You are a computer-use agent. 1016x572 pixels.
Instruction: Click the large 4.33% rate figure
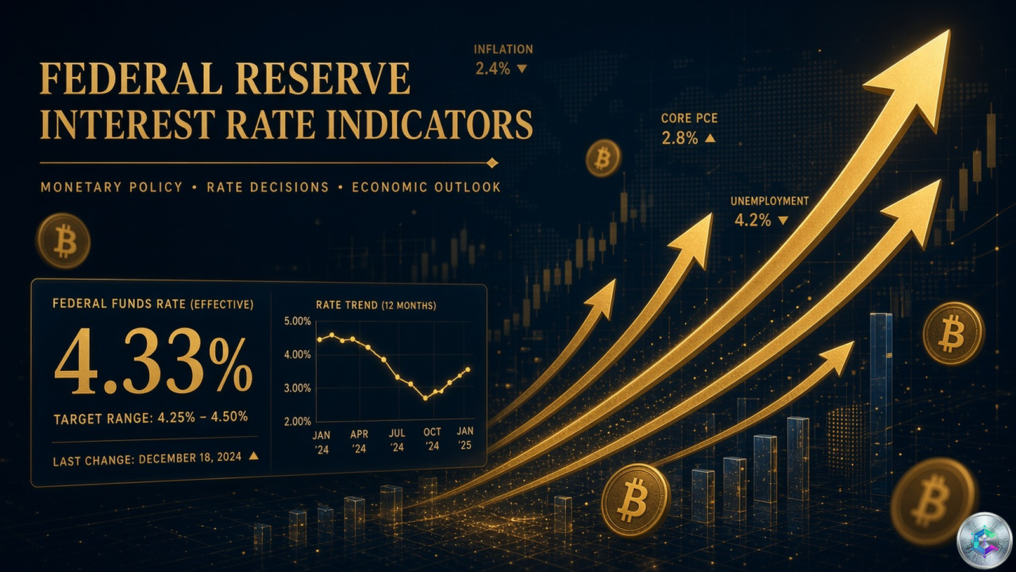(153, 361)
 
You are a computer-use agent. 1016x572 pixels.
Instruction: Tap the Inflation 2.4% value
(493, 69)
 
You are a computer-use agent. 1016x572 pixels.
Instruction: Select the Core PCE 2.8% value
(679, 138)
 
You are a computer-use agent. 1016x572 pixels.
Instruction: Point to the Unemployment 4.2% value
(752, 221)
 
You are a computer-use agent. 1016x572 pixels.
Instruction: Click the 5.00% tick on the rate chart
(298, 322)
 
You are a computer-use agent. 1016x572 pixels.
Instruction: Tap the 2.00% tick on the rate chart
(298, 422)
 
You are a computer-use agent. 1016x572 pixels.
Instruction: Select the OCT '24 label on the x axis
(432, 439)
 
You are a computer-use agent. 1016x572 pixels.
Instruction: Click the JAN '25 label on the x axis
(465, 438)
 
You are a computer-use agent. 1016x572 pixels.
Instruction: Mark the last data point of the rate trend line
(468, 369)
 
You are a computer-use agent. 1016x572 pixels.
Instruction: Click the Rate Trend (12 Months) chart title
(376, 305)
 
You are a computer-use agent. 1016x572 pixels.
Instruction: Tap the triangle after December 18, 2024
(253, 456)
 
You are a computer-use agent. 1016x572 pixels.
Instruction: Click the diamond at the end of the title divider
(492, 163)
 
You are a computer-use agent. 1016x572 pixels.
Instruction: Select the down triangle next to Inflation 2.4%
(522, 69)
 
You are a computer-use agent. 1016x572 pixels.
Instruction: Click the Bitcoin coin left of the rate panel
(63, 241)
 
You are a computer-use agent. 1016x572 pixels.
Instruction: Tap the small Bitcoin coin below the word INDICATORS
(603, 158)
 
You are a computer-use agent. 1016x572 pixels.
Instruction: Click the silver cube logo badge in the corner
(984, 541)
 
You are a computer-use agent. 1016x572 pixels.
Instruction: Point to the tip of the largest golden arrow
(949, 31)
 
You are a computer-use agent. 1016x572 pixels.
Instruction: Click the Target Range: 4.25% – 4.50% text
(150, 418)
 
